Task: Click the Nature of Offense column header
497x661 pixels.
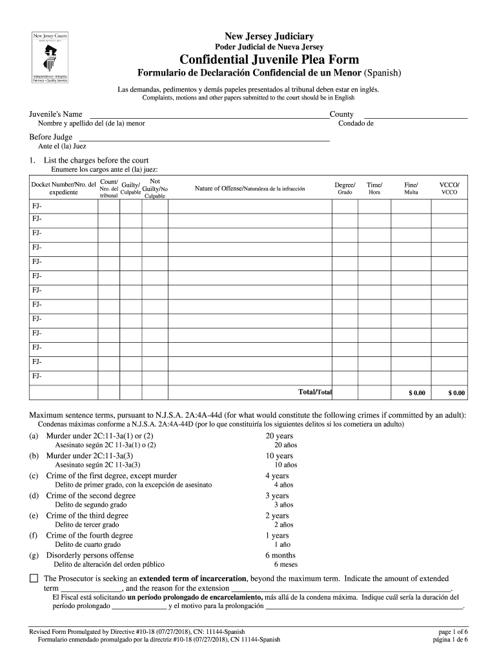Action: tap(249, 188)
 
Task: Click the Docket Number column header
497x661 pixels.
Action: tap(63, 188)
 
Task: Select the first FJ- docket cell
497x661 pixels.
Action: tap(63, 205)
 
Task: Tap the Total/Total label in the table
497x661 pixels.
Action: tap(314, 392)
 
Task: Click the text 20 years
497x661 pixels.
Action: tap(279, 436)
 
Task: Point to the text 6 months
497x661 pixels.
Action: tap(281, 555)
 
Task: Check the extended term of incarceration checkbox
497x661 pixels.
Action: tap(34, 578)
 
